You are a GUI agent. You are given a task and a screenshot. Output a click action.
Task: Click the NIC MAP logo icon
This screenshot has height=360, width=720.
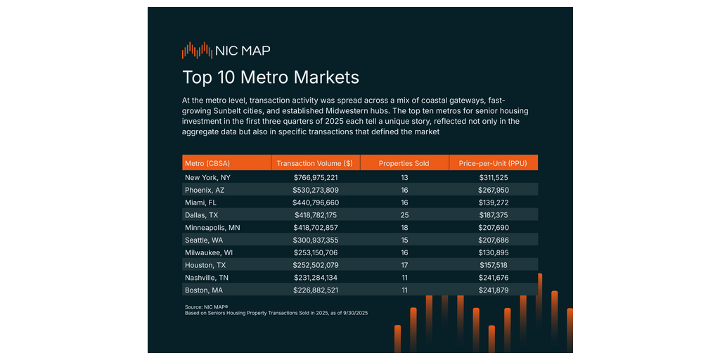pyautogui.click(x=197, y=51)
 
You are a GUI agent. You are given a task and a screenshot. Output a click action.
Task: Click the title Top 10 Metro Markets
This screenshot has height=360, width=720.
pyautogui.click(x=271, y=77)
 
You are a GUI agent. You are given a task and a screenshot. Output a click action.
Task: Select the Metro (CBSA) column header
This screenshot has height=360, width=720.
pyautogui.click(x=207, y=163)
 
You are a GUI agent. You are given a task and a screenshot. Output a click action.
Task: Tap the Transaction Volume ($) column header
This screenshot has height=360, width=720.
pyautogui.click(x=315, y=163)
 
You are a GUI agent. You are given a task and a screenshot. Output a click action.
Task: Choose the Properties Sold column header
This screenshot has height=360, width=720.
pyautogui.click(x=404, y=163)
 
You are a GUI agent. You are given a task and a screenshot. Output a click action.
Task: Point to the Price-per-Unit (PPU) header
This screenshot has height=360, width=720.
pyautogui.click(x=493, y=163)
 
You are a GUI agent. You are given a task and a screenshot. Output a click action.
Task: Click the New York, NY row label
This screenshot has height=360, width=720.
pyautogui.click(x=207, y=178)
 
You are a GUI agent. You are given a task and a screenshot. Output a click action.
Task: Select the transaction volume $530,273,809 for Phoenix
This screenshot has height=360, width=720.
pyautogui.click(x=316, y=190)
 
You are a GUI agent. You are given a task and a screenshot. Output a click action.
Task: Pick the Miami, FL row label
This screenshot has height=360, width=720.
pyautogui.click(x=200, y=202)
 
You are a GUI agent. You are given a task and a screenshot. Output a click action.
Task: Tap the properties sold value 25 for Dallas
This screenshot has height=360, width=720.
pyautogui.click(x=404, y=214)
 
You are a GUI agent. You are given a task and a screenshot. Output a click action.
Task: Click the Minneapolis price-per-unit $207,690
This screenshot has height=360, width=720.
pyautogui.click(x=493, y=227)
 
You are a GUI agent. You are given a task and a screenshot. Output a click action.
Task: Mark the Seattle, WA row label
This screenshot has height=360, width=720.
pyautogui.click(x=204, y=240)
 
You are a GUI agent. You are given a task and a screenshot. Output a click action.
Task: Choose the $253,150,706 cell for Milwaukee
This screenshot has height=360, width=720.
pyautogui.click(x=316, y=252)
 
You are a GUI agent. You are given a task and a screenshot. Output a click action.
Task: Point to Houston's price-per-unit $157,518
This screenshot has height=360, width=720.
pyautogui.click(x=493, y=265)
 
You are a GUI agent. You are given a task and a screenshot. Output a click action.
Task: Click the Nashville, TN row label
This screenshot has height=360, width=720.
pyautogui.click(x=205, y=278)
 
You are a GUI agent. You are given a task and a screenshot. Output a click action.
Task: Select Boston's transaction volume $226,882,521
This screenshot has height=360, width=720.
pyautogui.click(x=316, y=290)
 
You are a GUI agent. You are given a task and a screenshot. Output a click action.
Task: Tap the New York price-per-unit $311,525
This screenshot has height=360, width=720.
pyautogui.click(x=493, y=178)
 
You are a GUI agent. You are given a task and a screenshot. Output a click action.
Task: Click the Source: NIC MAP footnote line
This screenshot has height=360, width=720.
pyautogui.click(x=207, y=307)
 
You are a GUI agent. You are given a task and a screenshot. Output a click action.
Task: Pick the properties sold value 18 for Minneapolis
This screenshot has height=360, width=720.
pyautogui.click(x=404, y=227)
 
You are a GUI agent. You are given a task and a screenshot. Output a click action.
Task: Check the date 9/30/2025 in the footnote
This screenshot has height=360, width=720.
pyautogui.click(x=354, y=313)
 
